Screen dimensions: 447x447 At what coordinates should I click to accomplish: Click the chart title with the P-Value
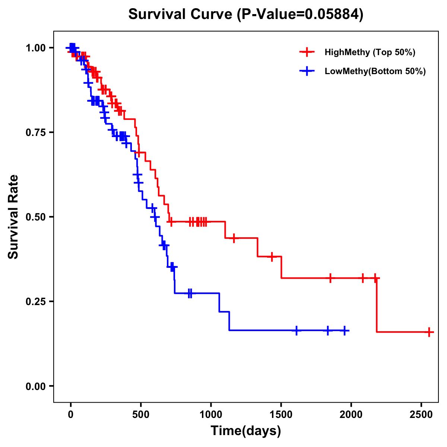click(245, 14)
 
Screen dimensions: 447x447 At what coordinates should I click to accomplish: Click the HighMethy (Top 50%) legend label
click(370, 52)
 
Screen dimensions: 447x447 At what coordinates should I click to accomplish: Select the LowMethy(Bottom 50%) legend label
click(375, 71)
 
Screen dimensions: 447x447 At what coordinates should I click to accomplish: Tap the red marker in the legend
click(307, 52)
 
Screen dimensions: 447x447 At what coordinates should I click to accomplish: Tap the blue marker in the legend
click(307, 71)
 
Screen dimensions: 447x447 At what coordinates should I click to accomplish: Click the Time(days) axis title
click(246, 431)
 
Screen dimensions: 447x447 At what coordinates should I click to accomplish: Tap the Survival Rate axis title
click(13, 217)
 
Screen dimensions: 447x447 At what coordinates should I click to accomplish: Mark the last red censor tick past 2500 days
click(429, 332)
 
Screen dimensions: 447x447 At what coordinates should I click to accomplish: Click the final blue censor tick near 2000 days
click(345, 330)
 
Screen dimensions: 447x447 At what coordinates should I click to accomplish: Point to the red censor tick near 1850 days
click(330, 278)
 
